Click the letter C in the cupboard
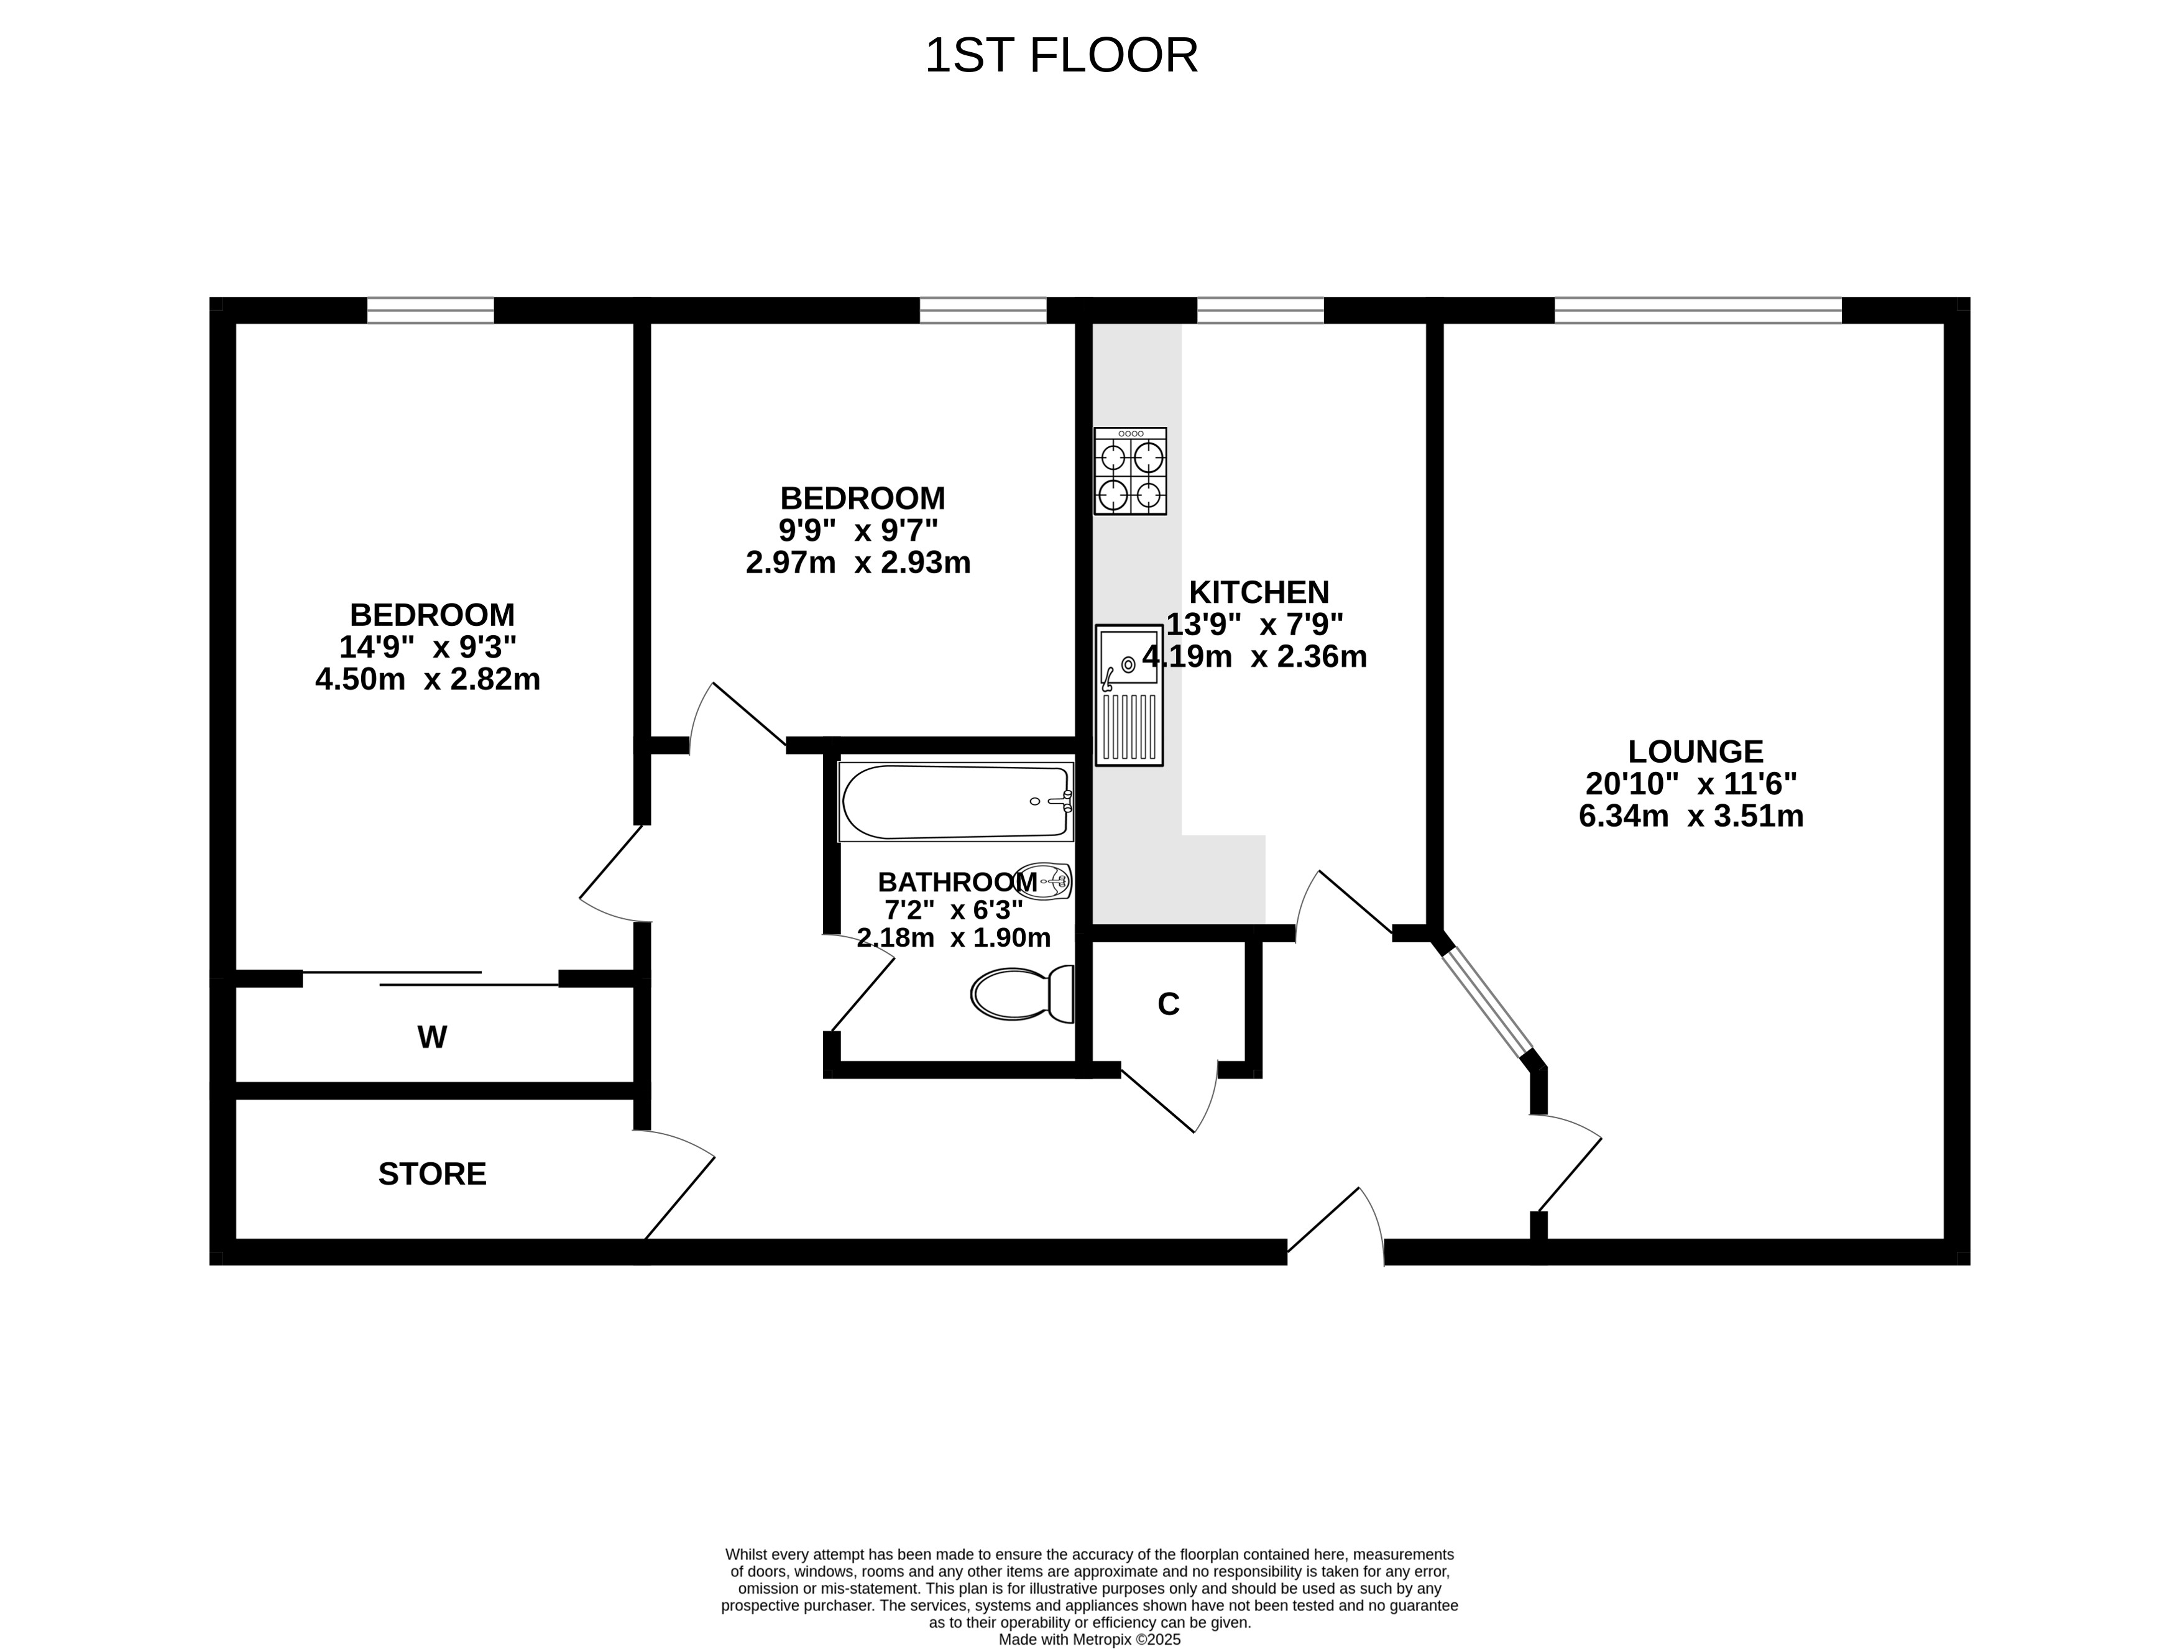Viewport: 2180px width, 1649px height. click(x=1168, y=1003)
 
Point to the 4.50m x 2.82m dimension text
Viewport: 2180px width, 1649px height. click(x=428, y=679)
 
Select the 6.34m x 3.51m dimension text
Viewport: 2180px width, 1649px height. click(x=1691, y=816)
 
